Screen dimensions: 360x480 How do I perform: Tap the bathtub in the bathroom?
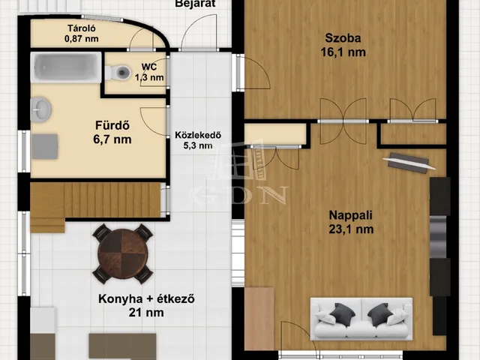pos(66,68)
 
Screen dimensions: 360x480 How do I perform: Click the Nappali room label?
pos(350,216)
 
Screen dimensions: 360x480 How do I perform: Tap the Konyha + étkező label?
pos(147,299)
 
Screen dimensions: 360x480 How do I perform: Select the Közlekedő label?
pos(198,136)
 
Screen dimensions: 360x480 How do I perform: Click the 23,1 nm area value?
pos(350,230)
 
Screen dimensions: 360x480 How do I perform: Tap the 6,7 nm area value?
pos(113,139)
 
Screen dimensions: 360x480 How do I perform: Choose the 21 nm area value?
pos(147,313)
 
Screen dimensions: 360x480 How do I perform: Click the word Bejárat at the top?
pos(196,4)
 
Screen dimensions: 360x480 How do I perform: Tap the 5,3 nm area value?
pos(198,146)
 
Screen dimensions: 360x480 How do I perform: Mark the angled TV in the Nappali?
pos(408,161)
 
